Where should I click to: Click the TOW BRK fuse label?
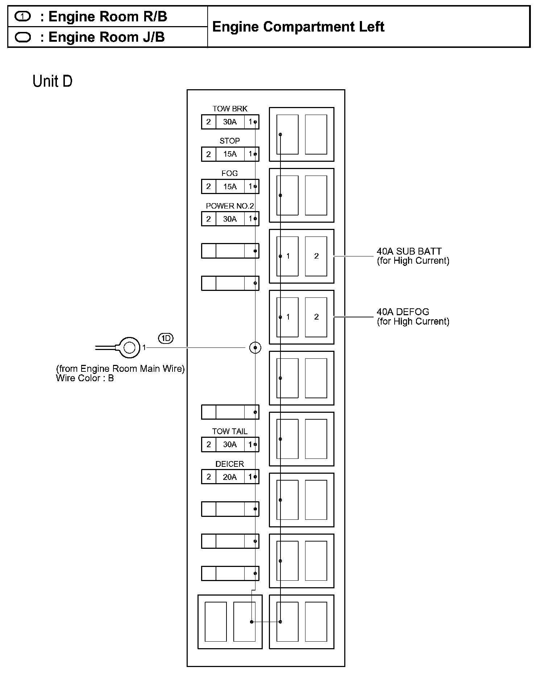230,109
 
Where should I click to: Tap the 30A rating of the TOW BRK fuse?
230,122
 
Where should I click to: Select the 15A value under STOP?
230,154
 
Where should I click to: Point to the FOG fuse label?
230,173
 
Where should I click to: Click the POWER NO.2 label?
230,206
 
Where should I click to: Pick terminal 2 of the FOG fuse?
208,186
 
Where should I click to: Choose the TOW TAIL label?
230,431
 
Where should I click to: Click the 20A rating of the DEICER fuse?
230,477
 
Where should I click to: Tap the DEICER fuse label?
230,464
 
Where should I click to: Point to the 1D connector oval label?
166,338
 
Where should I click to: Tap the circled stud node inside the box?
255,348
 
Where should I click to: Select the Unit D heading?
53,81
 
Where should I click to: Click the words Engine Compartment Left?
298,27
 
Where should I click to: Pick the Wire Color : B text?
85,378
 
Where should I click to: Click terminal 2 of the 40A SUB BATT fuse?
316,256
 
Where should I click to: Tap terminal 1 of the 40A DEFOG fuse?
288,317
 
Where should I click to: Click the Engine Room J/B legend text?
107,37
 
